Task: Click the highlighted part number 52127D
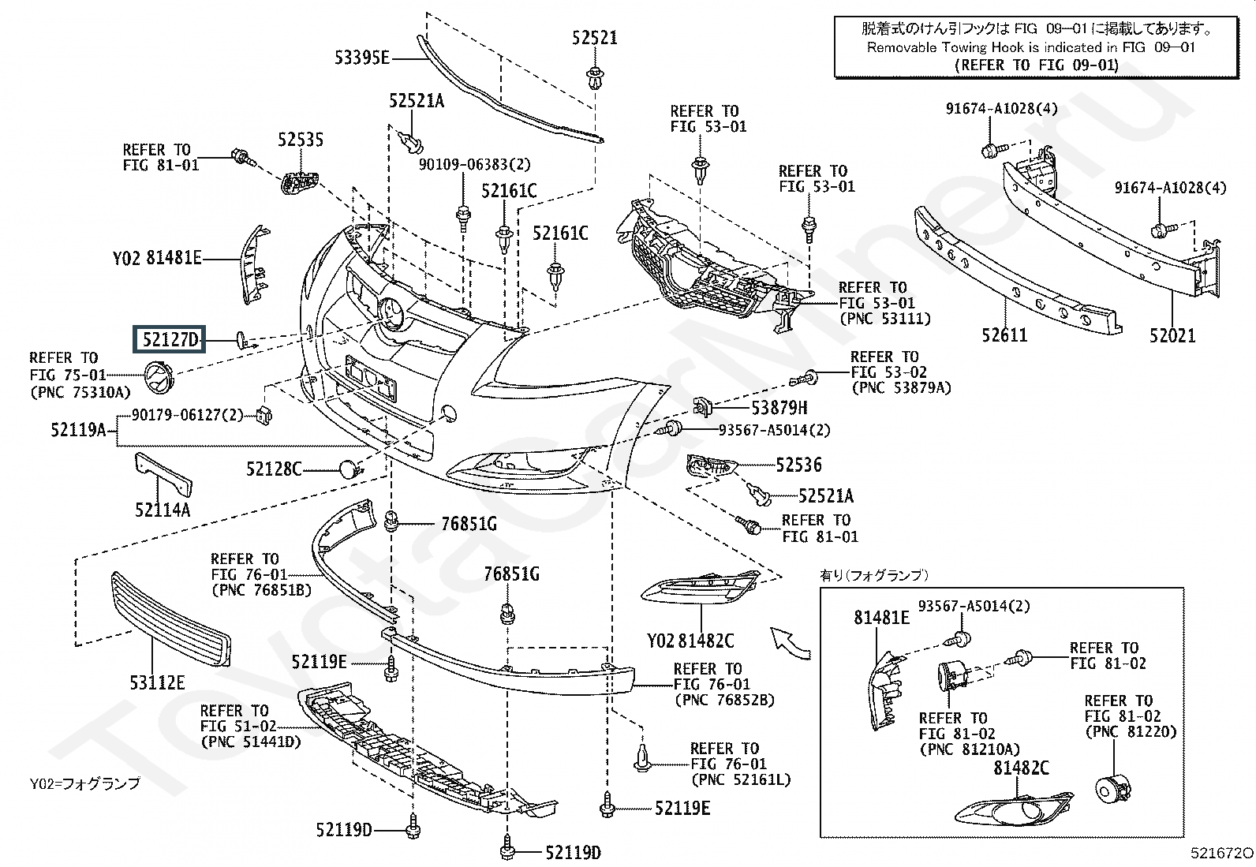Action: pos(170,339)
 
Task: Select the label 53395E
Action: pos(361,58)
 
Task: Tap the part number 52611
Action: pos(1004,335)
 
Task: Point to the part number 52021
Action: pos(1172,336)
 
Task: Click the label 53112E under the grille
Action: pos(157,682)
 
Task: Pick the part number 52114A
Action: pos(163,510)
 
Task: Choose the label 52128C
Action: pos(274,469)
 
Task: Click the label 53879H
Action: pos(779,408)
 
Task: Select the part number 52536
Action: pos(798,465)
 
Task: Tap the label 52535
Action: pos(301,140)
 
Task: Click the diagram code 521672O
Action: pos(1222,853)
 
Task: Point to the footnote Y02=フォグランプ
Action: pos(84,783)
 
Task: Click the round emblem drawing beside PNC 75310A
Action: pos(159,377)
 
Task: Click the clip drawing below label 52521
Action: pos(595,78)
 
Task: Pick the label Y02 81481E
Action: pos(157,258)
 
